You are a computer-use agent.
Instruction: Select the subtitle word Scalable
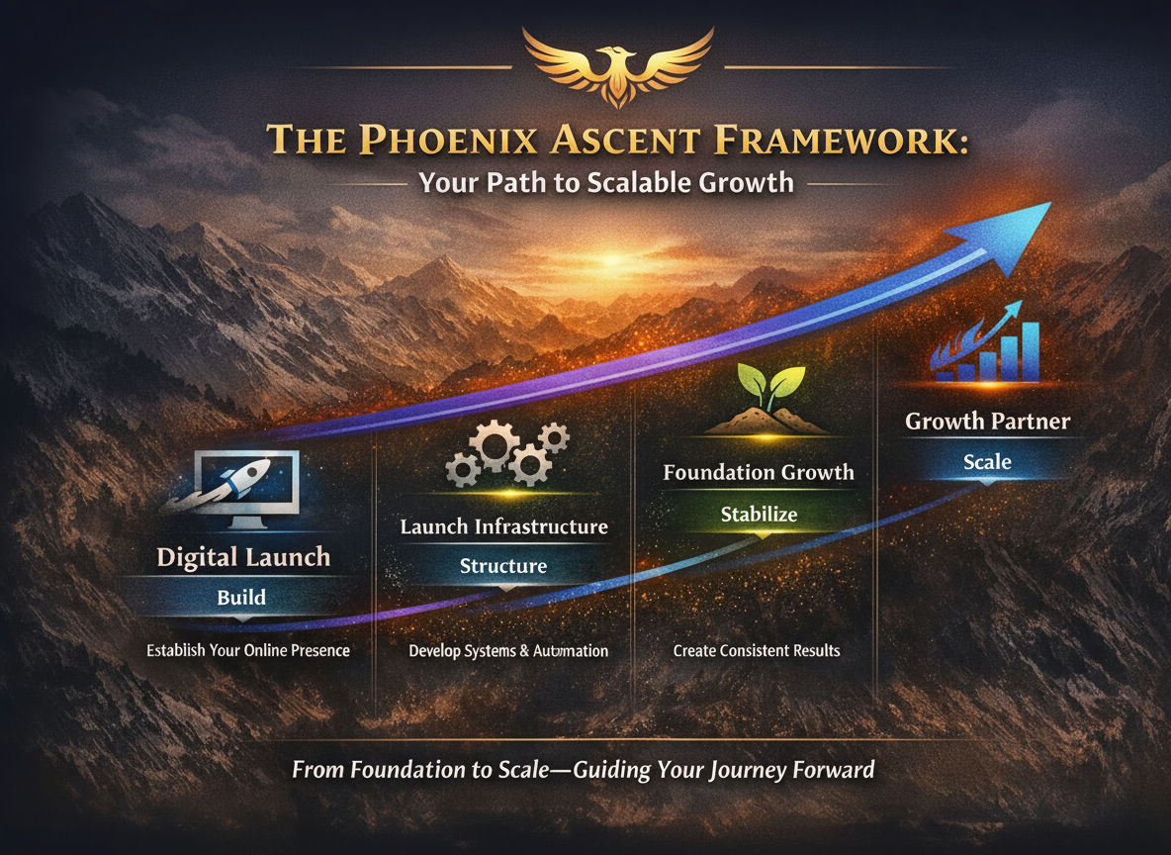pos(650,183)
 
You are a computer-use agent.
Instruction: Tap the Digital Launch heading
pos(242,557)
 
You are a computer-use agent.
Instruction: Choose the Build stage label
pos(242,597)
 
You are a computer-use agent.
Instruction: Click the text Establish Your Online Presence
pos(248,651)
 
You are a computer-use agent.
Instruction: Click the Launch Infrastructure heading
pos(503,525)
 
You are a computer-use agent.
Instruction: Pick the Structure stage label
pos(503,566)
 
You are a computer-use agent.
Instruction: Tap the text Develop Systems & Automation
pos(508,651)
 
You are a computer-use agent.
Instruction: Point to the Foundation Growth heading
pos(759,472)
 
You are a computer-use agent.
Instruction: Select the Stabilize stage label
pos(759,514)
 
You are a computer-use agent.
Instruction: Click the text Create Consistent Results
pos(757,651)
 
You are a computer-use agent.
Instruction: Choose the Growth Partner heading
pos(987,422)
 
